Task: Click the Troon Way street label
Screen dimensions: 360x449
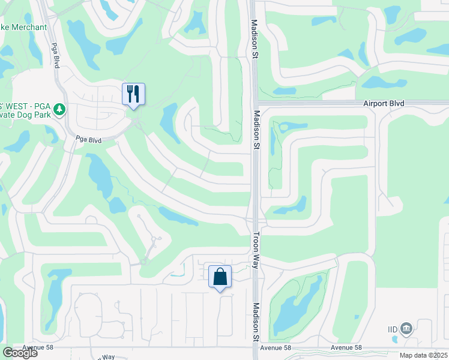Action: (x=256, y=247)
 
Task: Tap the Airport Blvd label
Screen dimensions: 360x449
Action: (x=384, y=104)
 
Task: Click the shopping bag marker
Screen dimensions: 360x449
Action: (x=220, y=277)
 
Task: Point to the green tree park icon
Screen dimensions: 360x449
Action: (x=59, y=109)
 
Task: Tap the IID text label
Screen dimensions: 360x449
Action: (x=393, y=329)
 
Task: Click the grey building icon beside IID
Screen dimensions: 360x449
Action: (x=406, y=329)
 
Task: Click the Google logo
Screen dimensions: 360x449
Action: (x=19, y=353)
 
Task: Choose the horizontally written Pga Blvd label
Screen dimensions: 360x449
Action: (x=88, y=140)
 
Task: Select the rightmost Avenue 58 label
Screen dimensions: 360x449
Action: (x=346, y=348)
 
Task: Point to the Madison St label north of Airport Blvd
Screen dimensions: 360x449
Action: (x=255, y=39)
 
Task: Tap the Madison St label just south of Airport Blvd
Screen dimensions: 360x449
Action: (x=256, y=130)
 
